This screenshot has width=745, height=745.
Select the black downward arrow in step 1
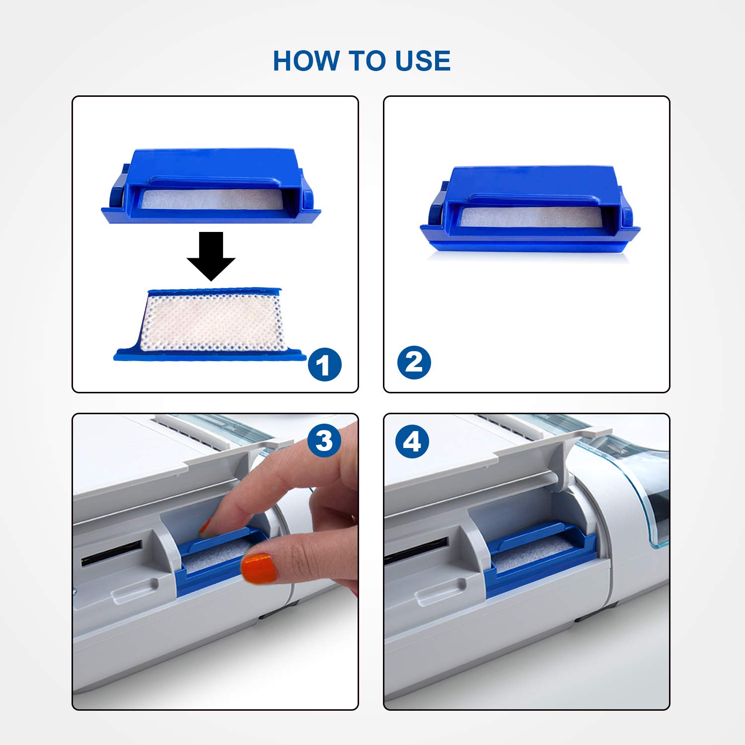(211, 256)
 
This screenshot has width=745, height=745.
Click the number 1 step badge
(325, 365)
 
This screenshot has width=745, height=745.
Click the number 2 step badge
(414, 363)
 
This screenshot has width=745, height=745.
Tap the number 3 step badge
(324, 441)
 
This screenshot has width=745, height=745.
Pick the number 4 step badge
(412, 441)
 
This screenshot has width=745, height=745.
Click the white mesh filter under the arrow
(211, 323)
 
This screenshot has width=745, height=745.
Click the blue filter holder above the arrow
(211, 186)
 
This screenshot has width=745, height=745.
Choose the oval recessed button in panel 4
(441, 591)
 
